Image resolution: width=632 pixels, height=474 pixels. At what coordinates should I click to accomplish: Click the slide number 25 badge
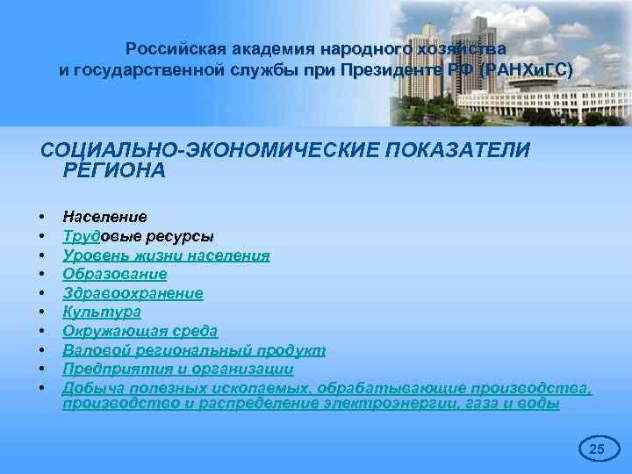coord(596,449)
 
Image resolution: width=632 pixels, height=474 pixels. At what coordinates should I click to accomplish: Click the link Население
coord(104,216)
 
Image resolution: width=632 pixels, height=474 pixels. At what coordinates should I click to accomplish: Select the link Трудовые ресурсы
coord(138,236)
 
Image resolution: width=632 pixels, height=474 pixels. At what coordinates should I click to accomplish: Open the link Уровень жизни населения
coord(166,255)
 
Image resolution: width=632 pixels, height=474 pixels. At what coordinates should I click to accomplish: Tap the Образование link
coord(114,274)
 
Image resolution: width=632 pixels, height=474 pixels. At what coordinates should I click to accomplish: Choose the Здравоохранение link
coord(133,293)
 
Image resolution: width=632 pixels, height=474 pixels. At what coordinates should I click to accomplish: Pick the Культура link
coord(102,312)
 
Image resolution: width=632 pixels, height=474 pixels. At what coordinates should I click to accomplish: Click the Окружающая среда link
coord(140,331)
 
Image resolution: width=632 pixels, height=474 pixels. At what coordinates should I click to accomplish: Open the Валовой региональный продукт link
coord(194,350)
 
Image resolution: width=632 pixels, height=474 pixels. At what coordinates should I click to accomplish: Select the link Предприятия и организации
coord(177,370)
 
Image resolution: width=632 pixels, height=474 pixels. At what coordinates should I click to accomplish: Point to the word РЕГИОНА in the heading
coord(114,170)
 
